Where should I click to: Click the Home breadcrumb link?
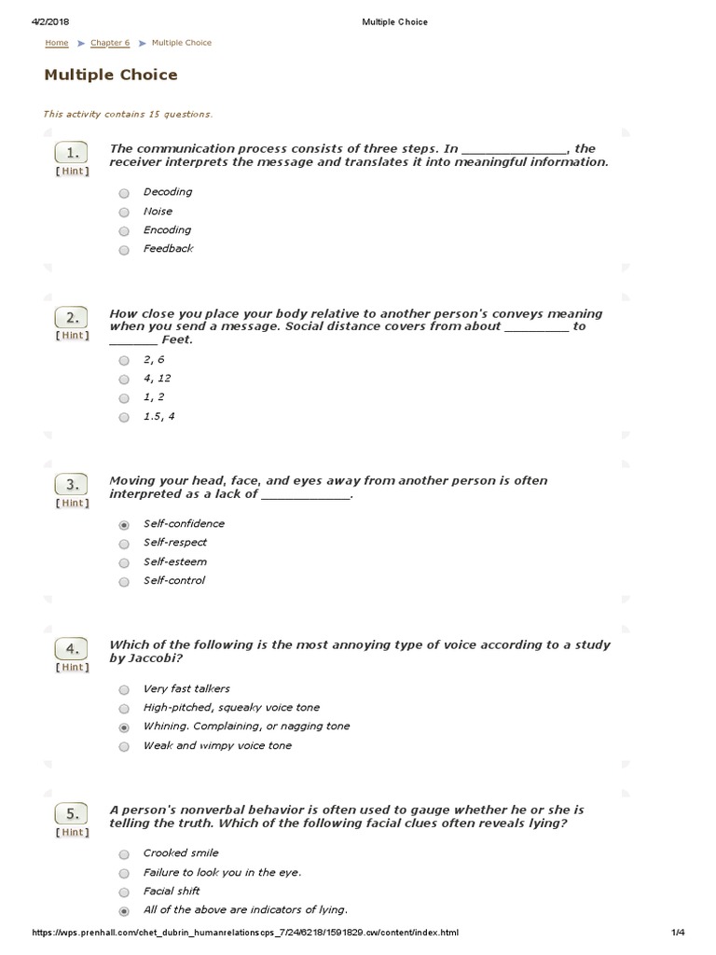57,43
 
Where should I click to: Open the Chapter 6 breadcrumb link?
110,43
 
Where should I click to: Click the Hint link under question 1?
72,172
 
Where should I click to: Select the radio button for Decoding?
124,193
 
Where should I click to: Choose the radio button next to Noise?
124,212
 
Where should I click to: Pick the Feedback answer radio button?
124,250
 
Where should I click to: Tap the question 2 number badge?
72,317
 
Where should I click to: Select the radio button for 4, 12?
124,380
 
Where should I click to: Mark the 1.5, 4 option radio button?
124,418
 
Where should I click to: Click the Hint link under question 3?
72,504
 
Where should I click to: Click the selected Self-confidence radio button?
124,525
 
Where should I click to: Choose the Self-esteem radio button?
124,563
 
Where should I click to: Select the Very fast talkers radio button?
124,690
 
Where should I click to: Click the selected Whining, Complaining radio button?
124,727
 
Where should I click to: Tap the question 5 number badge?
72,812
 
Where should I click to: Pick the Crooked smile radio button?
124,854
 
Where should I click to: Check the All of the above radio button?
124,911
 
